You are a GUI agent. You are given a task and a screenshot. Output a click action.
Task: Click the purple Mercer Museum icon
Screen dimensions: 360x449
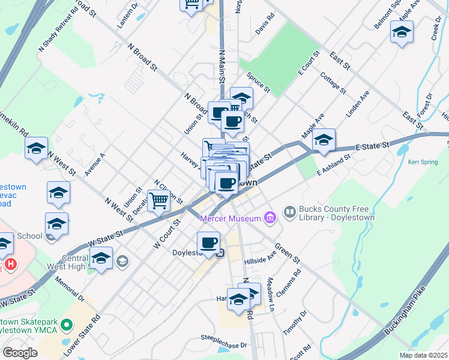pyautogui.click(x=270, y=217)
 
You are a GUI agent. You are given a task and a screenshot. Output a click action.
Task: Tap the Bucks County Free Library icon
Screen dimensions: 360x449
pyautogui.click(x=290, y=212)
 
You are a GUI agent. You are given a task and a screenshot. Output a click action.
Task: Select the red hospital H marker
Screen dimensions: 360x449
pyautogui.click(x=10, y=263)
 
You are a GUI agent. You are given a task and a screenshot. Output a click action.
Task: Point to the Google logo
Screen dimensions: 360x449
pyautogui.click(x=20, y=353)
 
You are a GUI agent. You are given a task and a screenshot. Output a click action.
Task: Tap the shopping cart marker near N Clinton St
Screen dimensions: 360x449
pyautogui.click(x=158, y=200)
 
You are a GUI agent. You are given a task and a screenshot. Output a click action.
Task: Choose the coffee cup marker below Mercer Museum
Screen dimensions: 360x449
pyautogui.click(x=208, y=242)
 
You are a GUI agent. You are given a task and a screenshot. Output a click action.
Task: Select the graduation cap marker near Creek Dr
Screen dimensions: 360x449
pyautogui.click(x=402, y=32)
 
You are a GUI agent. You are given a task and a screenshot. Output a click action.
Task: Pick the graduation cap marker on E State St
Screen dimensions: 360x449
pyautogui.click(x=324, y=140)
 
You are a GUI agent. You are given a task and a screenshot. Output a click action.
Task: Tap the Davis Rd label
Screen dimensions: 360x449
pyautogui.click(x=264, y=28)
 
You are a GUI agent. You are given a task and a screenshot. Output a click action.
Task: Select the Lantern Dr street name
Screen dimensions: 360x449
pyautogui.click(x=128, y=15)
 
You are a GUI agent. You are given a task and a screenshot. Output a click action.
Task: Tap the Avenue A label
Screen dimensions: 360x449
pyautogui.click(x=95, y=164)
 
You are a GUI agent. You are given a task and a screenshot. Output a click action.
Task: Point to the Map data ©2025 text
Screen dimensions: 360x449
pyautogui.click(x=423, y=355)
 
